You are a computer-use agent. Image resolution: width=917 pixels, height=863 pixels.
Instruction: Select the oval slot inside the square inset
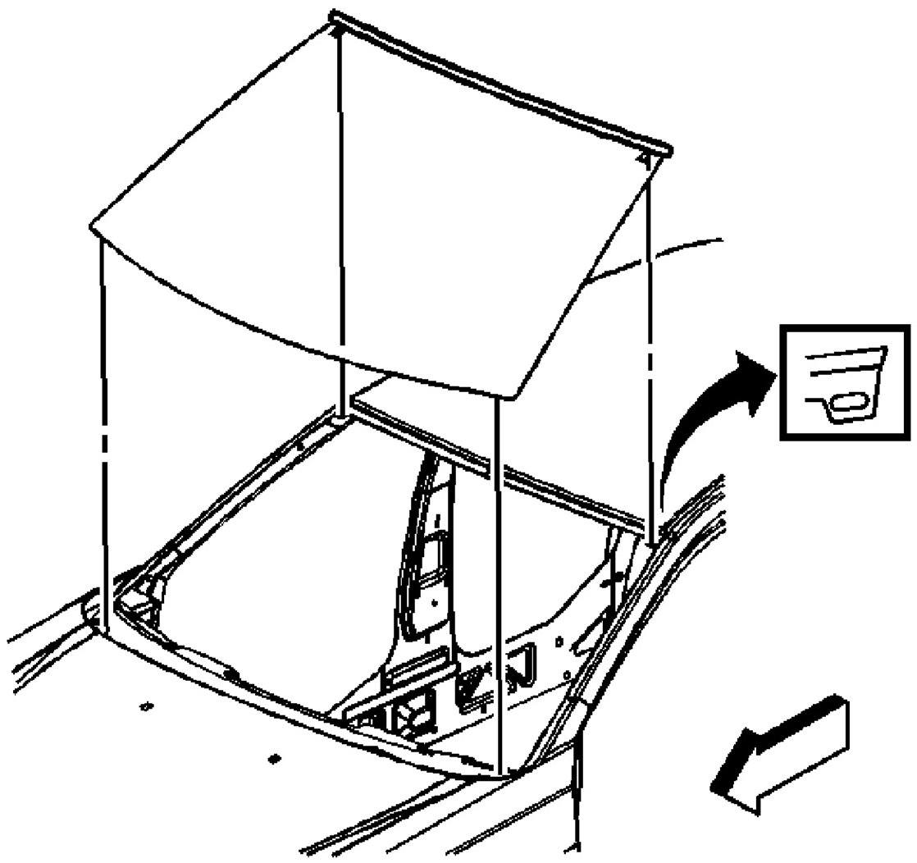[846, 402]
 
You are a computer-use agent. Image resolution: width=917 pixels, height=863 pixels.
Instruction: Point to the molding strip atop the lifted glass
[500, 82]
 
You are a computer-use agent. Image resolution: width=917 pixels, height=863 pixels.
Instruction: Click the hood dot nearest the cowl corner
[148, 705]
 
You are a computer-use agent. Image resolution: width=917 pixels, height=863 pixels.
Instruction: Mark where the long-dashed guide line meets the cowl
[105, 628]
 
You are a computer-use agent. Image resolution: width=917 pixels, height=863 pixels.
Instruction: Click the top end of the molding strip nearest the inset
[664, 150]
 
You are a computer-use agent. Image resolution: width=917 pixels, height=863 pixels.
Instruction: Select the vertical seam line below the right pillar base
[579, 788]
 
